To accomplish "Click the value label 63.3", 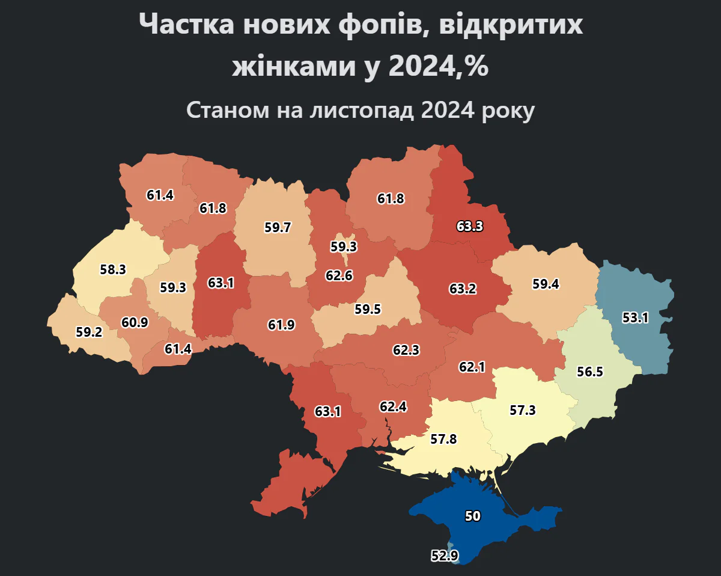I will [x=470, y=227].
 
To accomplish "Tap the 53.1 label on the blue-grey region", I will [x=635, y=318].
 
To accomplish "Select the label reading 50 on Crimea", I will [x=473, y=516].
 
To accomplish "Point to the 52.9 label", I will [x=445, y=556].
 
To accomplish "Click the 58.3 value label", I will [x=113, y=269].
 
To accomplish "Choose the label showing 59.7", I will [x=278, y=228].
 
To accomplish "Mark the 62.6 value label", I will [x=339, y=276].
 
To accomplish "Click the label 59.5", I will [x=368, y=309].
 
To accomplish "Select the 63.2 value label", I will [x=463, y=289].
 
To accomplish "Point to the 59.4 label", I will [x=546, y=284].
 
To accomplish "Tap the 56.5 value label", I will [x=589, y=372].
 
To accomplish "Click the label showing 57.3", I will [x=522, y=410].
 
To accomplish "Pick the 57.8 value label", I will [x=444, y=439].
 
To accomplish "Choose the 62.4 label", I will [x=393, y=406].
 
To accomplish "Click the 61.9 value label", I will [x=281, y=325].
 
